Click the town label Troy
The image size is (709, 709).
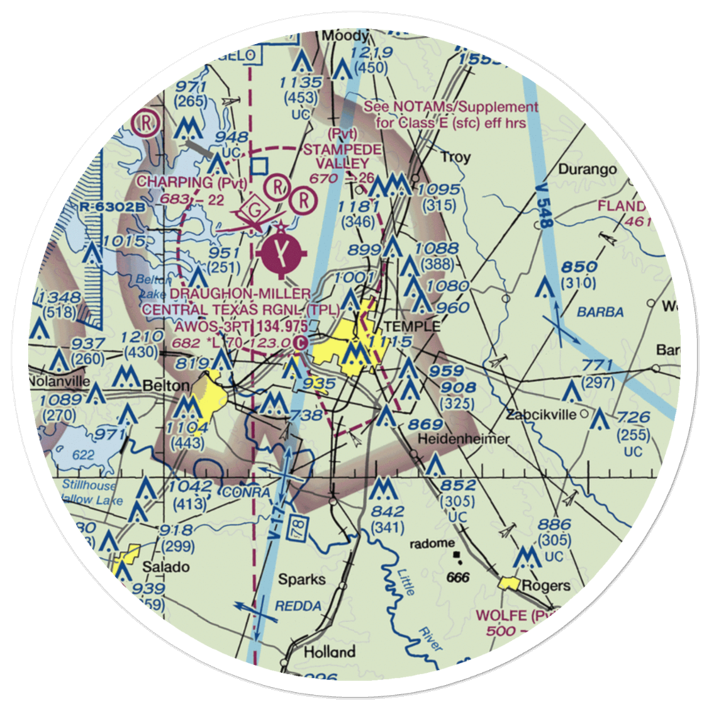click(455, 157)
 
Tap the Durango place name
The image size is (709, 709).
click(583, 169)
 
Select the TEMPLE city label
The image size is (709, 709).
click(412, 327)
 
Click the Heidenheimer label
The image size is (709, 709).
click(464, 439)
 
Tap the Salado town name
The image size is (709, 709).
click(166, 567)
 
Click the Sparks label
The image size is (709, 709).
click(302, 579)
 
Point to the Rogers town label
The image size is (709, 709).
click(546, 586)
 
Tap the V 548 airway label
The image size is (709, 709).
click(545, 213)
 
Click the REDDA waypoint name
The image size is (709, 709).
click(301, 606)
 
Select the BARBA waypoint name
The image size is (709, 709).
click(600, 312)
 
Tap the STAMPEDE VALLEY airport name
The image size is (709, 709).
click(342, 156)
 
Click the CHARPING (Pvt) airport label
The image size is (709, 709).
click(192, 182)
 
